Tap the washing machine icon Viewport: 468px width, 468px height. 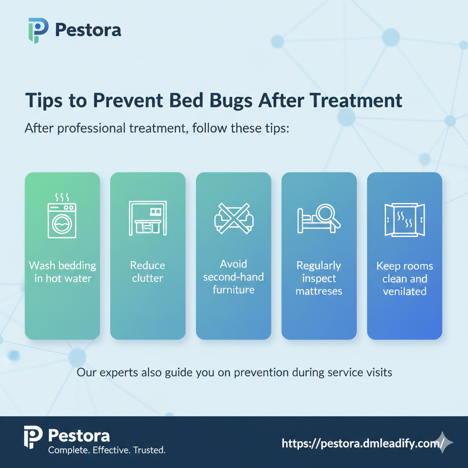coord(62,219)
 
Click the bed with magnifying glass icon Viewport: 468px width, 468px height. coord(319,218)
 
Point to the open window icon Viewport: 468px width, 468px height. coord(404,219)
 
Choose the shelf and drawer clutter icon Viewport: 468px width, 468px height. coord(148,218)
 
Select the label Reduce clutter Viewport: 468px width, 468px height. coord(148,271)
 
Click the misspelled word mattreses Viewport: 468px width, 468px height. coord(319,291)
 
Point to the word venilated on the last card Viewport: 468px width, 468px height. coord(404,292)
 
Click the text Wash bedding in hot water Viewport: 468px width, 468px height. coord(62,271)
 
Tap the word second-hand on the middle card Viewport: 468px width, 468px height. coord(233,277)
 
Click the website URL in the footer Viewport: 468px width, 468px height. coord(363,443)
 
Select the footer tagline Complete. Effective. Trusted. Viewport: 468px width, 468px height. coord(106,451)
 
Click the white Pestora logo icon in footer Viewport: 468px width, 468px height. coord(33,438)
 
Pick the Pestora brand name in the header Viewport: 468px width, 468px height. coord(88,31)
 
